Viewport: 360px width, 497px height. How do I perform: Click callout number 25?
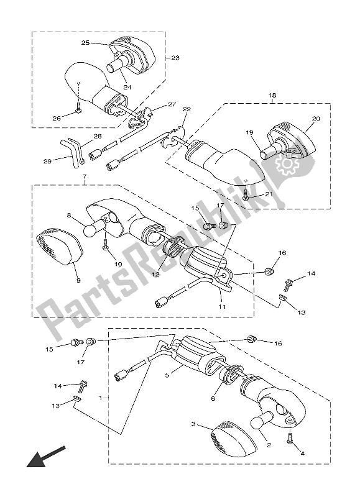(86, 43)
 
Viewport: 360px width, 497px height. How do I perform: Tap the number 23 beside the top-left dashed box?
(175, 57)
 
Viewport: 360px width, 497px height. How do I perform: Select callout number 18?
(272, 96)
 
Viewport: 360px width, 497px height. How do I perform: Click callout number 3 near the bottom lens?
(193, 424)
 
